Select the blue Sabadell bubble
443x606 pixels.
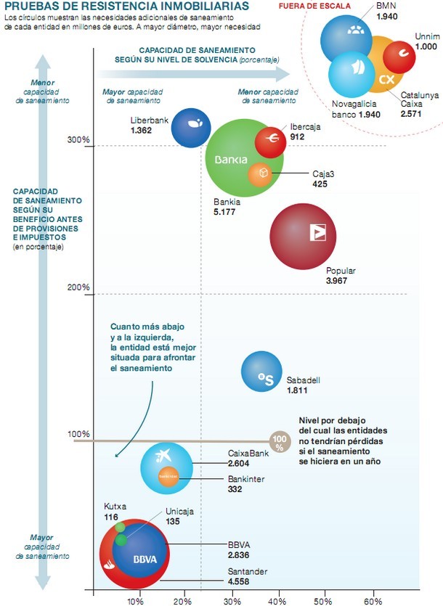coord(260,371)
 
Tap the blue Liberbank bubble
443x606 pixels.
coord(190,127)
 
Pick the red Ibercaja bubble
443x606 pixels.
coord(270,136)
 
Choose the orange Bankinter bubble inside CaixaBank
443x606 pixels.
coord(168,477)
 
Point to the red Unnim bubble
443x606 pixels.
coord(398,56)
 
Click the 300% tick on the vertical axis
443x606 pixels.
coord(80,140)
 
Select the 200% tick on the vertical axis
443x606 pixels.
coord(80,288)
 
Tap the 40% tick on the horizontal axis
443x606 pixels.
coord(280,601)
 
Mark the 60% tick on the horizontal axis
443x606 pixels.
coord(373,601)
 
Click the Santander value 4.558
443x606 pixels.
coord(239,581)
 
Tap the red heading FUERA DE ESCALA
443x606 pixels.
coord(315,6)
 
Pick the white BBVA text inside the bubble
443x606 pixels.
coord(146,560)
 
